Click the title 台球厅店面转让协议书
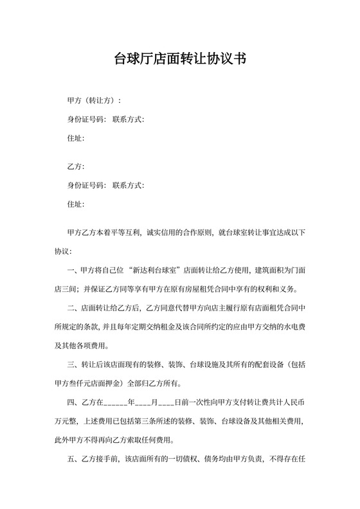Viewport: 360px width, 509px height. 180,60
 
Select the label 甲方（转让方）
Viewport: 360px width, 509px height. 93,102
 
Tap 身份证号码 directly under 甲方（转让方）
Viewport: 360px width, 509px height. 86,120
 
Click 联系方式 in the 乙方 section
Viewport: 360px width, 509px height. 127,186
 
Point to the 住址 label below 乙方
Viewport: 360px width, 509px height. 75,204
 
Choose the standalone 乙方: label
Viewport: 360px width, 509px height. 75,167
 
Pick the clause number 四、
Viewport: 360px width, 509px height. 72,403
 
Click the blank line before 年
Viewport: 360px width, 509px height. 115,404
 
